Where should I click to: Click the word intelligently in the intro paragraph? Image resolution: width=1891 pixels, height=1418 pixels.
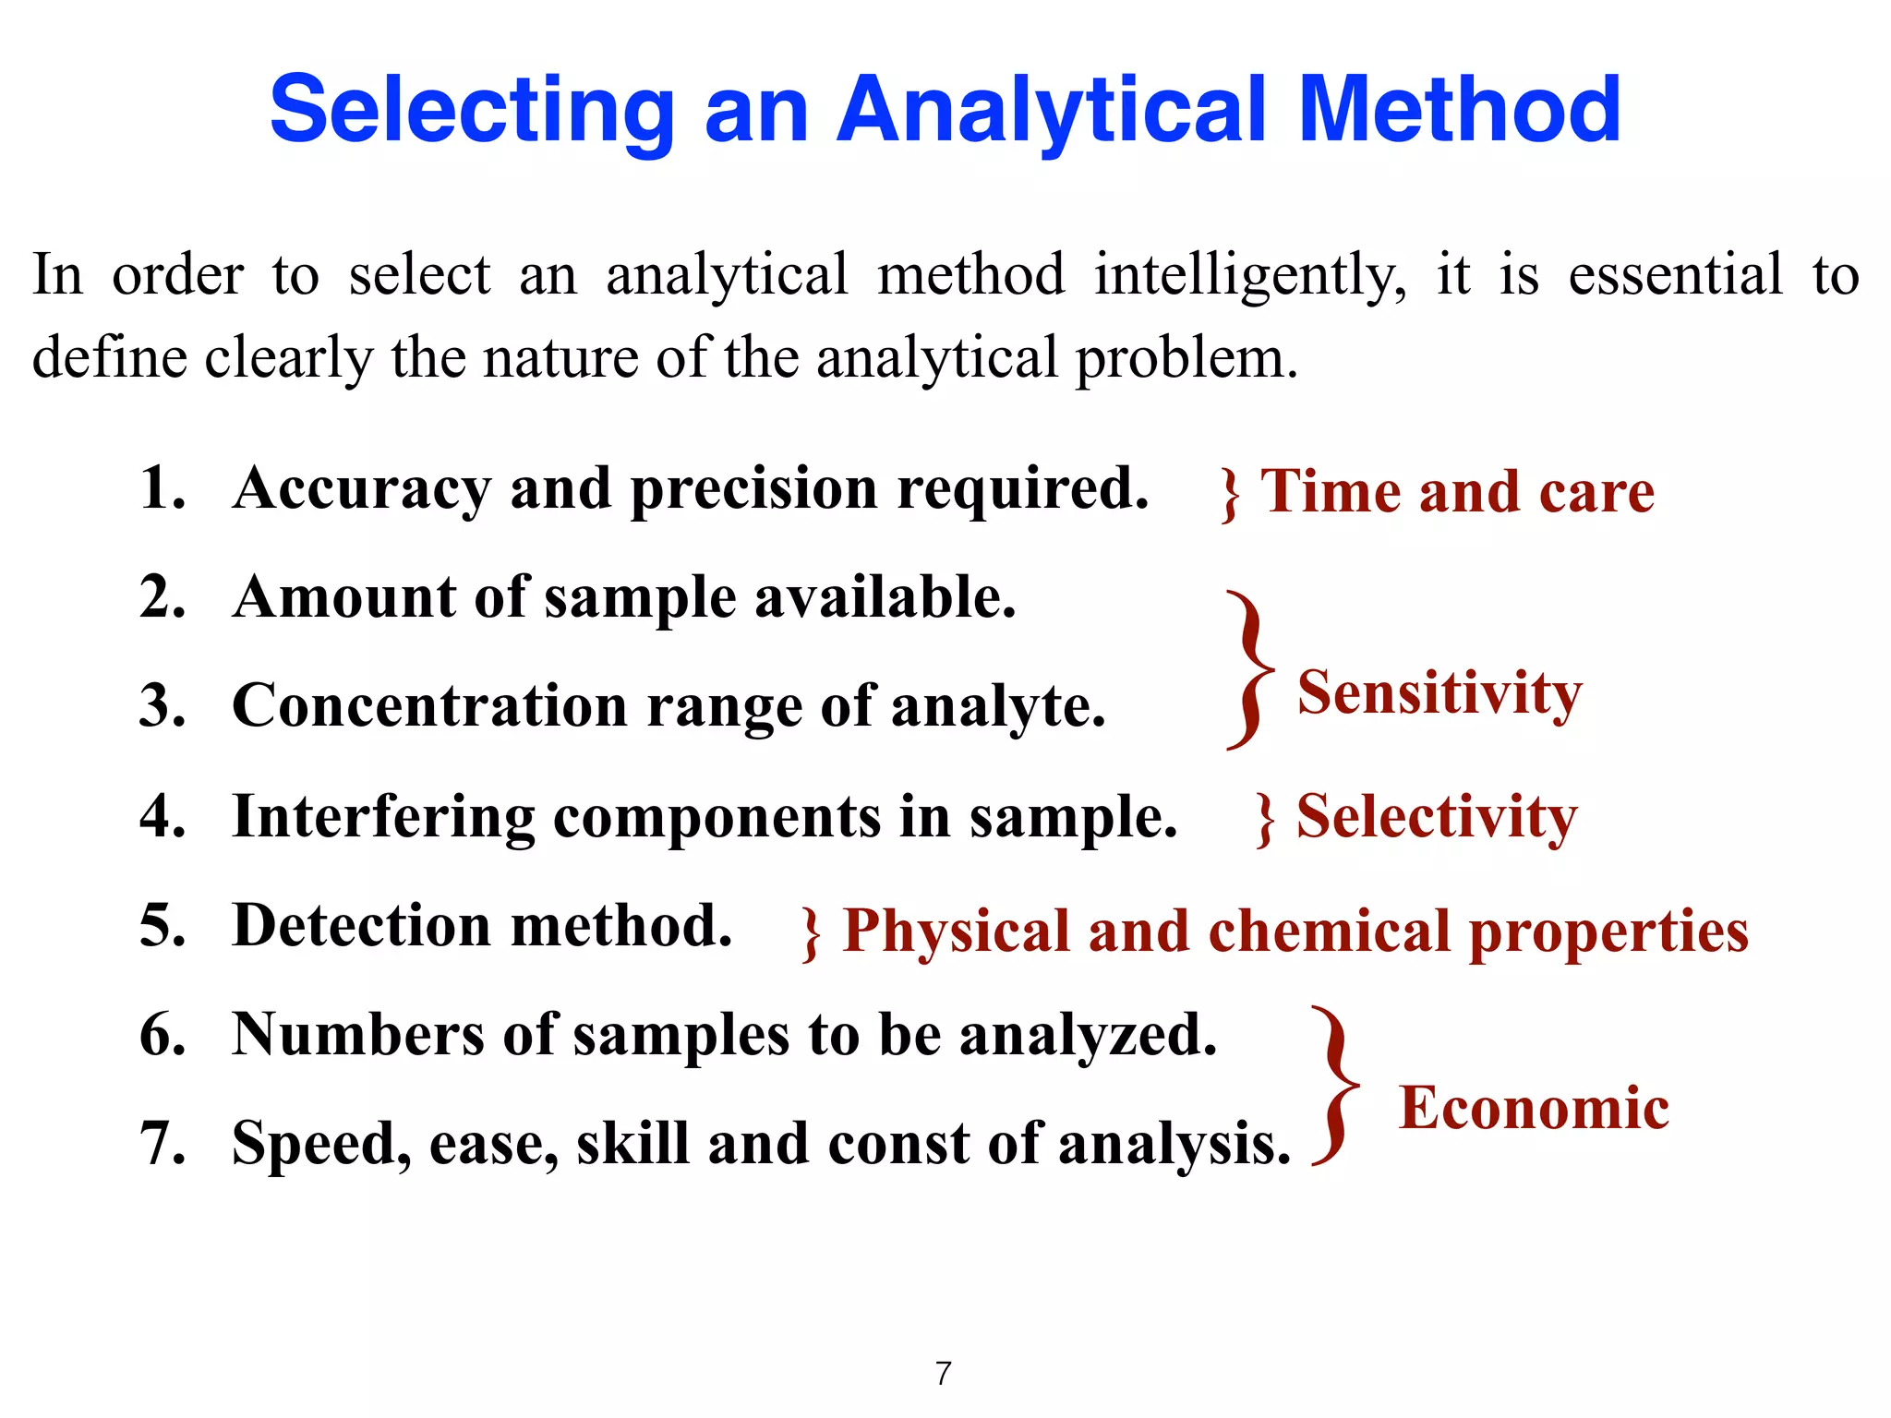point(1250,275)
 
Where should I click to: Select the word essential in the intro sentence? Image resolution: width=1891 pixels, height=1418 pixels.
point(1676,275)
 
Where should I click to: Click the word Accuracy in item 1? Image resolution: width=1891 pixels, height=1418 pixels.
point(361,488)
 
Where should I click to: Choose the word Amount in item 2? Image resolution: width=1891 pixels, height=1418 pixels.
point(344,597)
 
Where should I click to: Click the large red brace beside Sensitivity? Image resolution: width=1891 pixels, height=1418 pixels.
point(1250,670)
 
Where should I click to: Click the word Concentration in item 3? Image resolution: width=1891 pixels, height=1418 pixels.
point(429,706)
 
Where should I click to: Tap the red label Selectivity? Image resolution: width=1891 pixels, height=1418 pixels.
point(1437,817)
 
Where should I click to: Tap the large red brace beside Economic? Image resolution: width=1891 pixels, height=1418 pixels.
point(1335,1087)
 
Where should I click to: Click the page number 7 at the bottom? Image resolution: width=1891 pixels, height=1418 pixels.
point(943,1374)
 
